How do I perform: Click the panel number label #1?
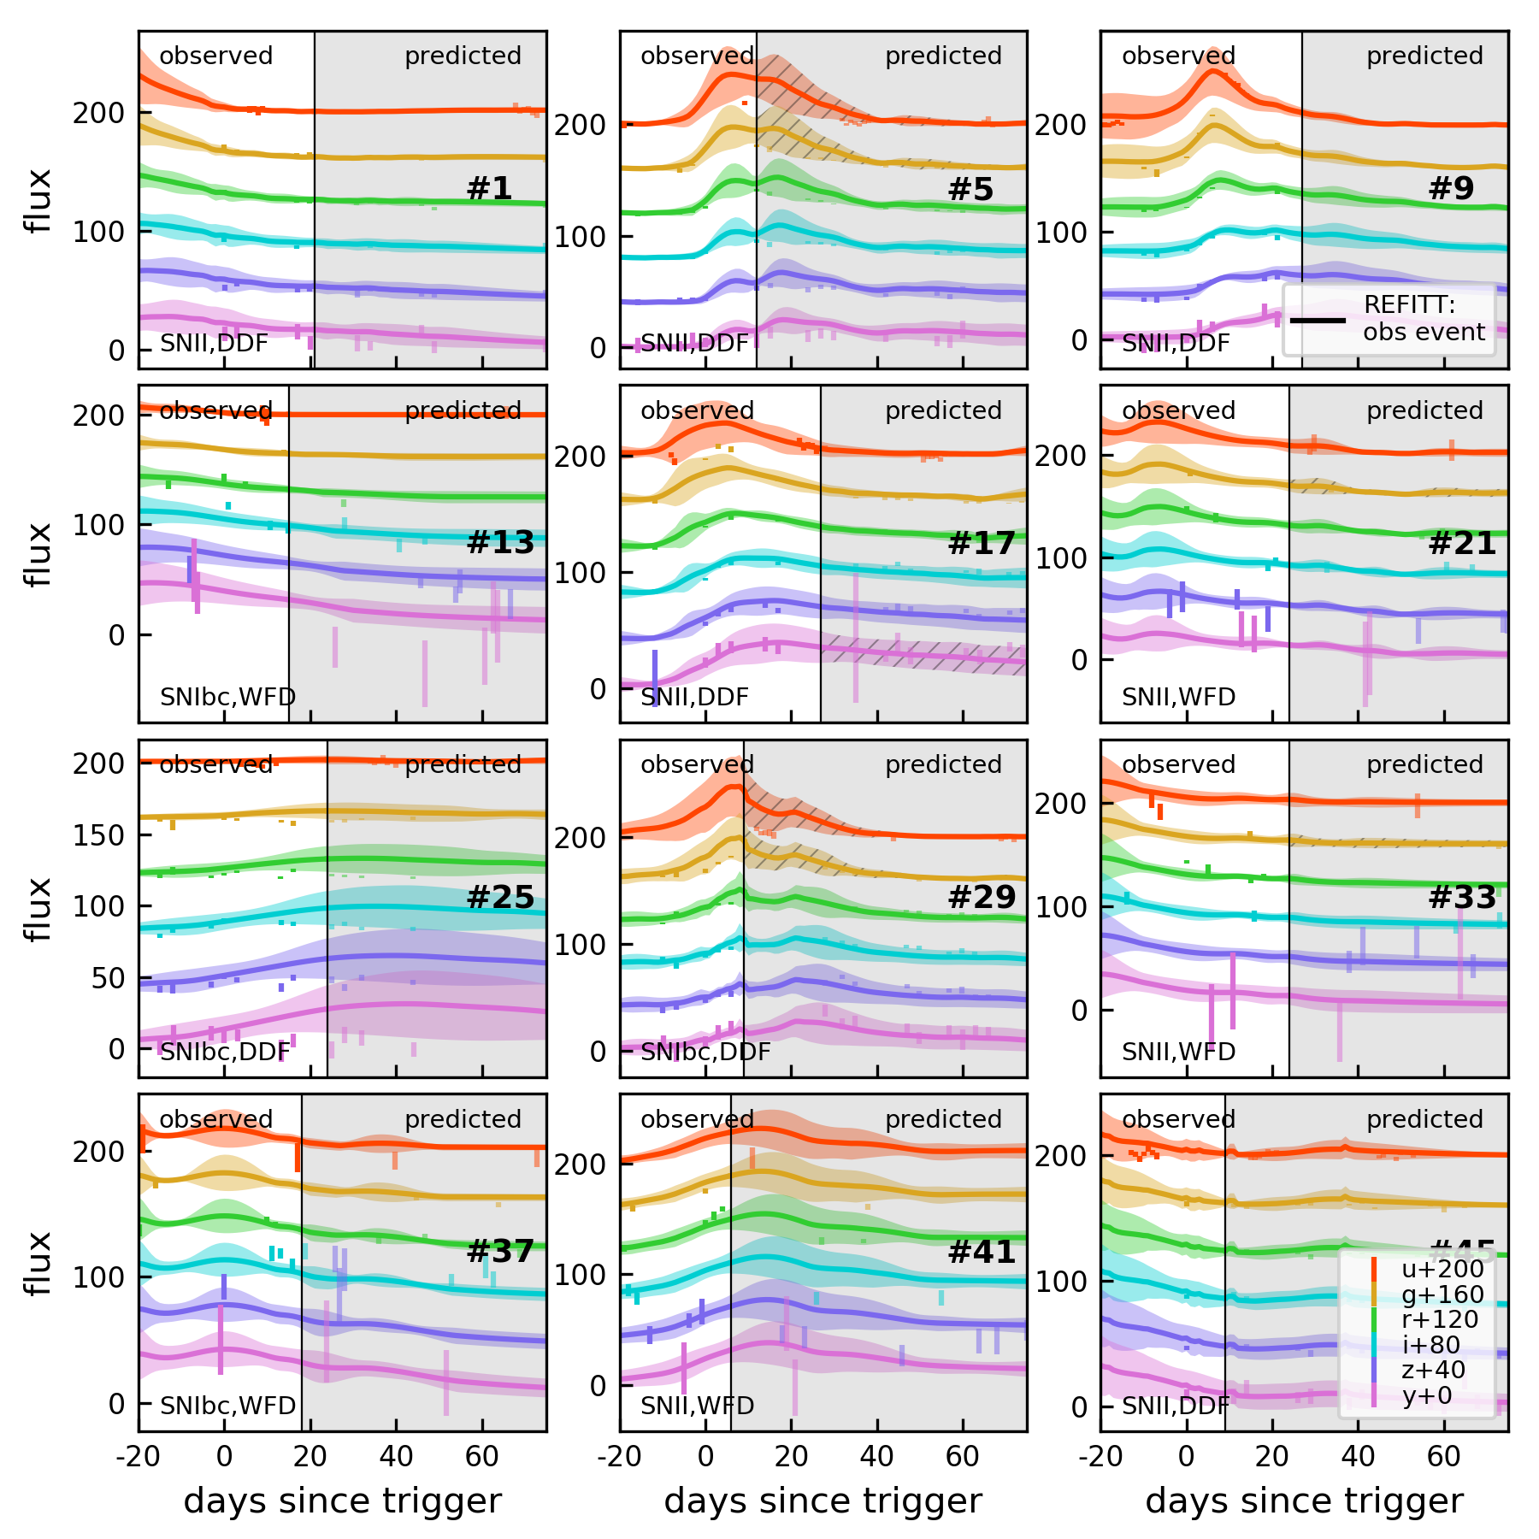[489, 188]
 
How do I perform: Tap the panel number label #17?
[981, 543]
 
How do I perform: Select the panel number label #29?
[981, 897]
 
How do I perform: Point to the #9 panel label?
[1451, 188]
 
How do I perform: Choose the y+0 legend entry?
[1427, 1395]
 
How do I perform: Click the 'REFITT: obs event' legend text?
[1424, 319]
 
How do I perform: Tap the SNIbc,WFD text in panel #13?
[227, 697]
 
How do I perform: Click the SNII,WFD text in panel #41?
[697, 1406]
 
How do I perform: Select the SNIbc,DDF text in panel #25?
[225, 1052]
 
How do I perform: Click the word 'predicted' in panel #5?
[943, 56]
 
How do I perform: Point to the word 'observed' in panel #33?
[1178, 764]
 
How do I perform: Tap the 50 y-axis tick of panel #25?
[109, 977]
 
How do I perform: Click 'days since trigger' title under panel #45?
[1304, 1501]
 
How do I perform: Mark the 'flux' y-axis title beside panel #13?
[39, 554]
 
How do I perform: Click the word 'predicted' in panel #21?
[1424, 410]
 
